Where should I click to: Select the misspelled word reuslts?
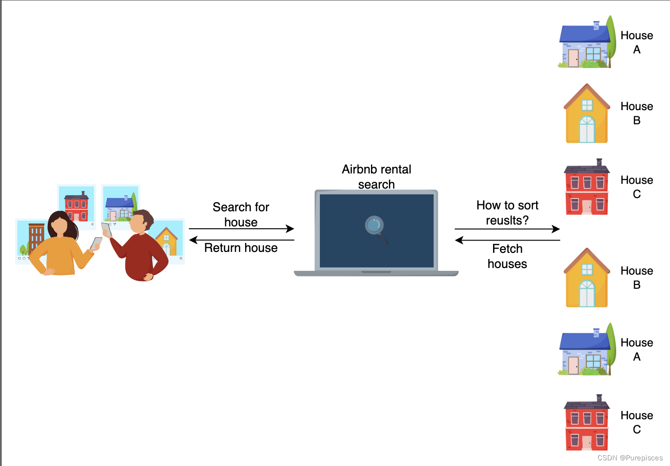click(507, 221)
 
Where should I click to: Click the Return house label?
click(241, 248)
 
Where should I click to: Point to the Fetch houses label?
click(507, 256)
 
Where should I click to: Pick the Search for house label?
click(241, 214)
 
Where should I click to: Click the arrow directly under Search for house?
click(241, 229)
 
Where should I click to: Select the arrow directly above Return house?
click(241, 240)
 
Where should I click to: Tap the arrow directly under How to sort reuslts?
click(507, 229)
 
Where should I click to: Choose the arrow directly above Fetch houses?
click(507, 240)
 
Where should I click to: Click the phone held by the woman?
click(97, 243)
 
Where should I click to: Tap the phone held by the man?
click(106, 229)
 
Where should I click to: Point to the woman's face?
click(60, 224)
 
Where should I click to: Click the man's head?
click(141, 222)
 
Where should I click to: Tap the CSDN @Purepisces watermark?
click(630, 458)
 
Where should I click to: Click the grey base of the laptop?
click(376, 273)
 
